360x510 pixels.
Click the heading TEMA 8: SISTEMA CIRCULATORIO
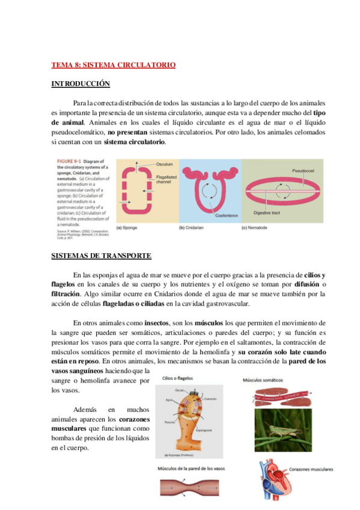(x=113, y=64)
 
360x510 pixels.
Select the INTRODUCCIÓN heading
(x=80, y=84)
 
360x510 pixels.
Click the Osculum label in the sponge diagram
(x=164, y=164)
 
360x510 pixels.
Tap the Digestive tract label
(x=266, y=213)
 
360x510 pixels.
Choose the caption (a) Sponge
(x=128, y=227)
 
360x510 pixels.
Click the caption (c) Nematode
(x=257, y=227)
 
